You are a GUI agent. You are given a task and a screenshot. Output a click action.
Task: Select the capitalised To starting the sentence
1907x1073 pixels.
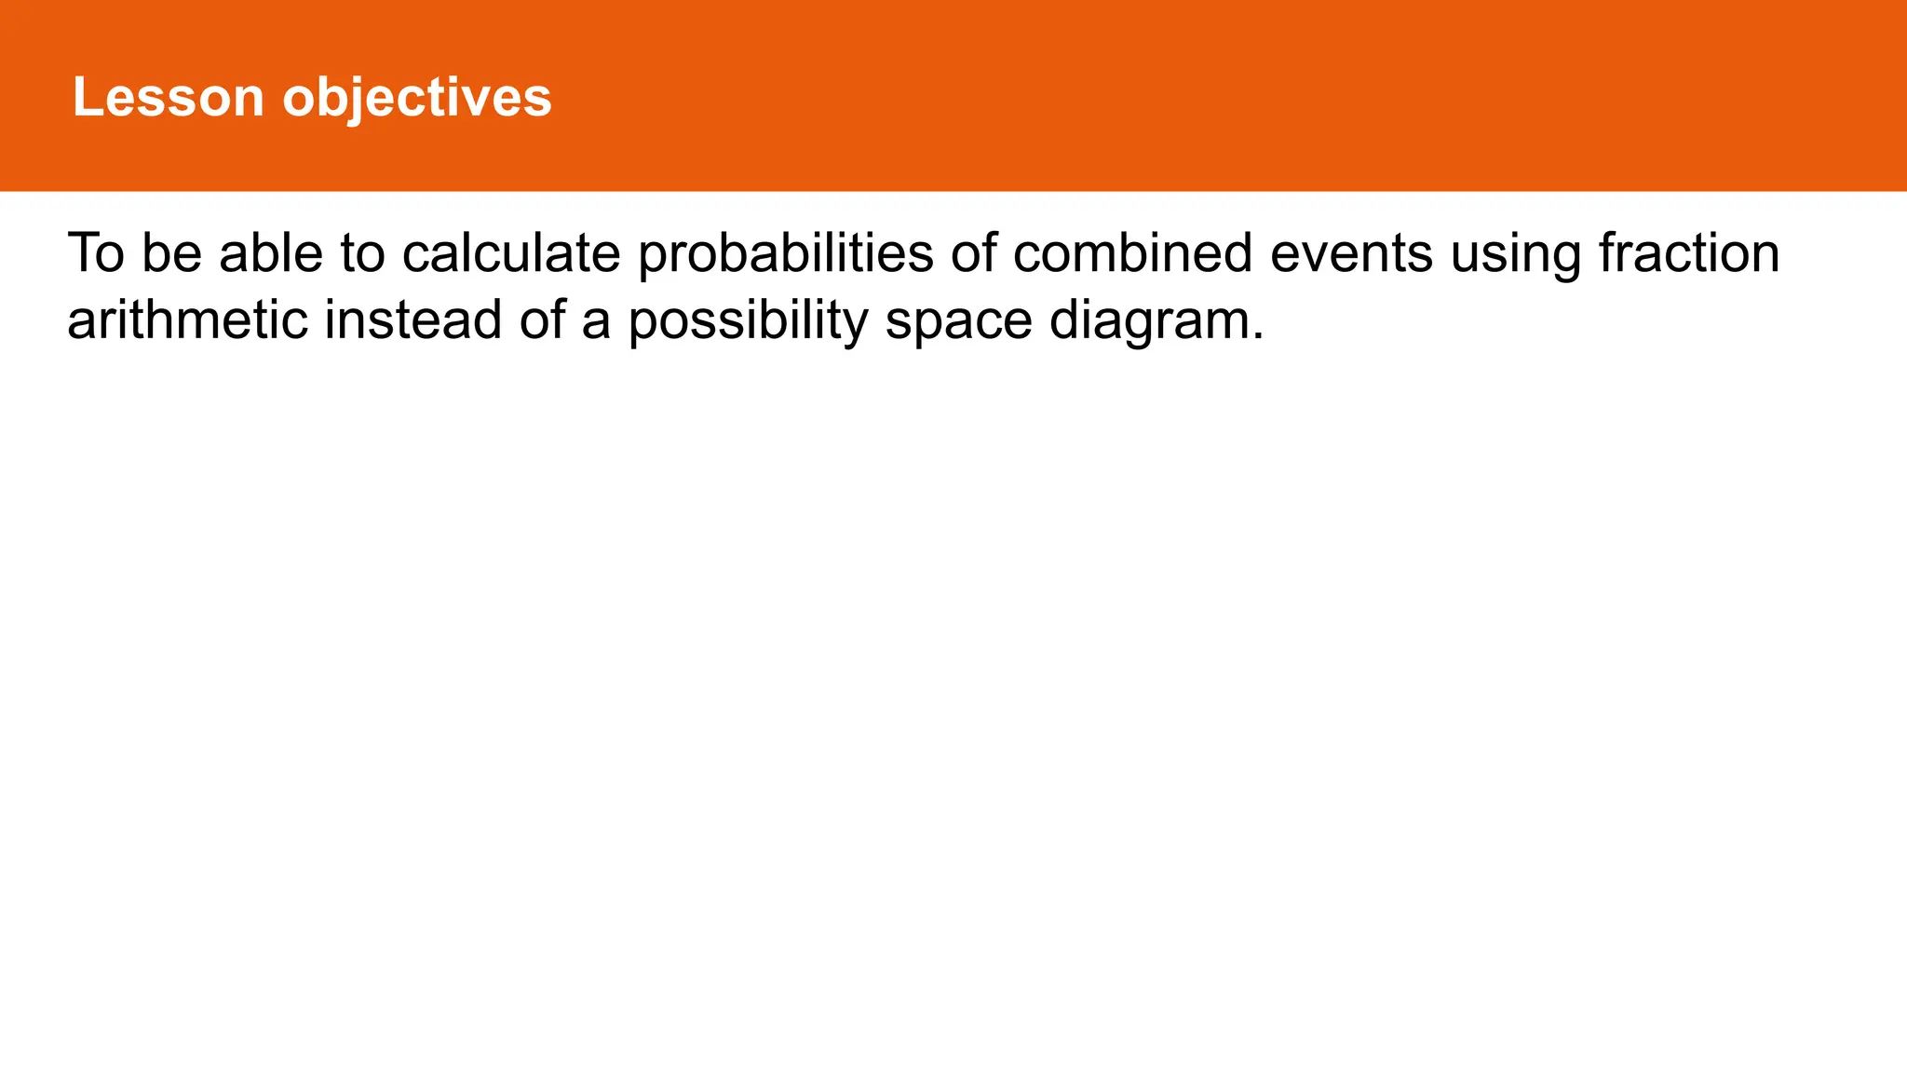pos(96,252)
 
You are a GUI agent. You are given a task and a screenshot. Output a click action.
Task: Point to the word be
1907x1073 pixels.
pos(172,252)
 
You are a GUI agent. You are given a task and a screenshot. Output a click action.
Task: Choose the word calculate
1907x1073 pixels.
pos(511,252)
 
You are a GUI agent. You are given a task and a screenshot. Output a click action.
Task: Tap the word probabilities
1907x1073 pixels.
pos(785,254)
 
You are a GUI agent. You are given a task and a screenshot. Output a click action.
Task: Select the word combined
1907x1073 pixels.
pos(1132,252)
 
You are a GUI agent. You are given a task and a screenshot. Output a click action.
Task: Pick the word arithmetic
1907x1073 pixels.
pos(187,319)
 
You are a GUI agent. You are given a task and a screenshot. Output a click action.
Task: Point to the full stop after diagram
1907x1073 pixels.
pos(1258,336)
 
